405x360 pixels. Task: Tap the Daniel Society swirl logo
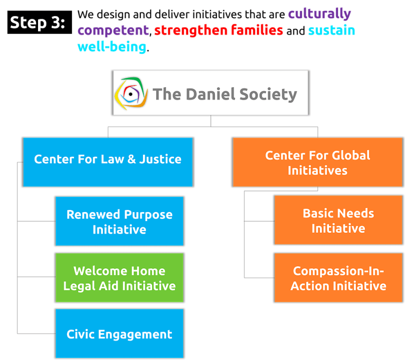pyautogui.click(x=130, y=94)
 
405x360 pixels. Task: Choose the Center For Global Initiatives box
pyautogui.click(x=317, y=162)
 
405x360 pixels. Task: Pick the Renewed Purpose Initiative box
pyautogui.click(x=120, y=222)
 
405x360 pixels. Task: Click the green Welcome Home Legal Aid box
pyautogui.click(x=120, y=278)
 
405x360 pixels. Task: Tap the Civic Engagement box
pyautogui.click(x=120, y=334)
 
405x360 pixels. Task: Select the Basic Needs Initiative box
pyautogui.click(x=338, y=221)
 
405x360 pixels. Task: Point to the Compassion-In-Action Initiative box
pyautogui.click(x=338, y=278)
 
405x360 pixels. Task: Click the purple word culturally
pyautogui.click(x=319, y=14)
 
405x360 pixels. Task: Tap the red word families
pyautogui.click(x=256, y=30)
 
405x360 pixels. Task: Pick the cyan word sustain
pyautogui.click(x=332, y=30)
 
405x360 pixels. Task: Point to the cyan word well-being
pyautogui.click(x=112, y=47)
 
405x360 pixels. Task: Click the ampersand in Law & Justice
pyautogui.click(x=131, y=159)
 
